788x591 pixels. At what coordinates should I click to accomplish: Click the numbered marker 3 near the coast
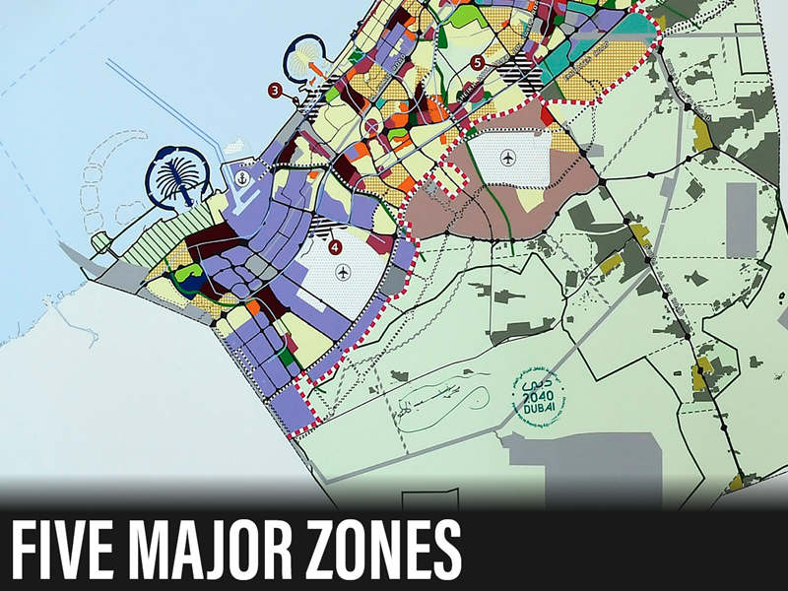275,91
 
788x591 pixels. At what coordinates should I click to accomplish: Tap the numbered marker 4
335,246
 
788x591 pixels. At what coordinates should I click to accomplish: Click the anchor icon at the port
240,178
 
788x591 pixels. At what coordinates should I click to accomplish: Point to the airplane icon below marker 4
342,271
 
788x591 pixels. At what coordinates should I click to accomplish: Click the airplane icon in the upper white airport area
507,156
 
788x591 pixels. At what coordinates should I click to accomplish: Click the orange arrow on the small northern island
314,68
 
